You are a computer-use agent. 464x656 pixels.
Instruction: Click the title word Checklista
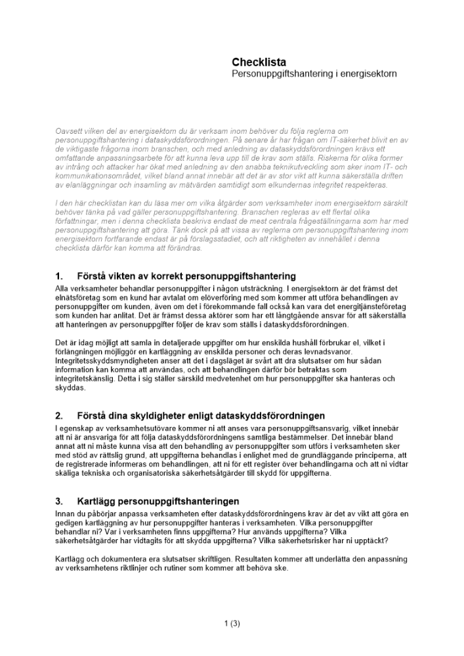click(x=259, y=62)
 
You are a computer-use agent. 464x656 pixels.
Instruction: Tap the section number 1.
click(x=59, y=276)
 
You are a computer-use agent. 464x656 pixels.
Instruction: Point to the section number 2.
click(x=59, y=416)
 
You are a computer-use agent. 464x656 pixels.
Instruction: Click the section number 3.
click(x=59, y=502)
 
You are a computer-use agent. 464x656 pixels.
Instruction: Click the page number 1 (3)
click(x=232, y=623)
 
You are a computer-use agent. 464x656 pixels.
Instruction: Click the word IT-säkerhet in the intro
click(x=343, y=140)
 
